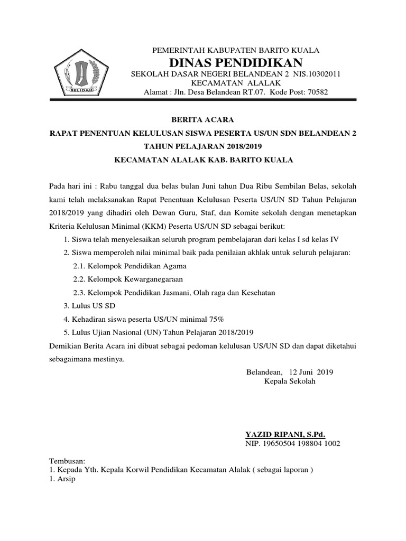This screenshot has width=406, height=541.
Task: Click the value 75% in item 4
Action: point(216,319)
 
